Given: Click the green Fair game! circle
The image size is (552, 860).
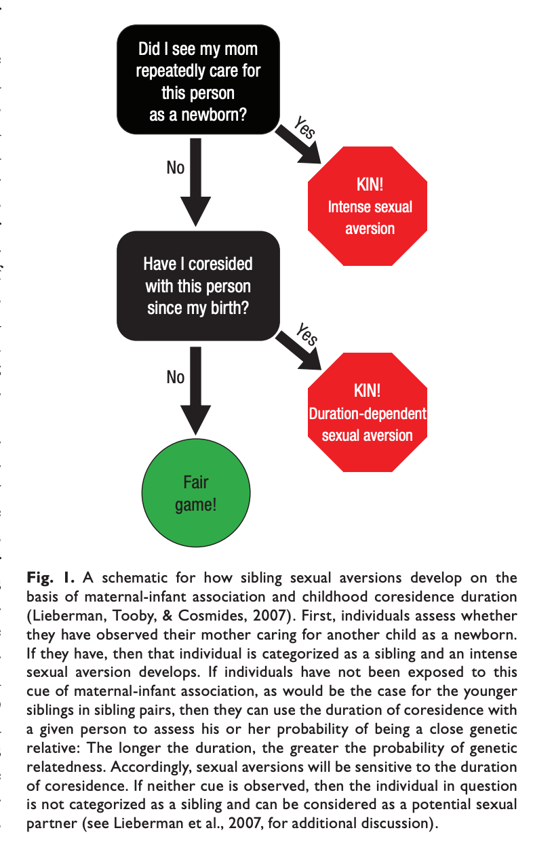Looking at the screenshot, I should pos(195,494).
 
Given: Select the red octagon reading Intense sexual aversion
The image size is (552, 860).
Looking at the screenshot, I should pos(369,206).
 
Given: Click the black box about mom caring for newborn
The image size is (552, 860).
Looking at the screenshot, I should pos(198,79).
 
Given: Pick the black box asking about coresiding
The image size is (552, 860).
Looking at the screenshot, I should pos(198,286).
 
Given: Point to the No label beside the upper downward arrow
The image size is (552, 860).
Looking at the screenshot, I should pos(175,168).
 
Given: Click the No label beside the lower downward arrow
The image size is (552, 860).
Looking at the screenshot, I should pos(175,377).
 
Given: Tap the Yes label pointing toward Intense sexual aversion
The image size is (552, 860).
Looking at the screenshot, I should pos(305,128).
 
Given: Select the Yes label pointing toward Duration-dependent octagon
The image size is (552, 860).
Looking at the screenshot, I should pos(307,334).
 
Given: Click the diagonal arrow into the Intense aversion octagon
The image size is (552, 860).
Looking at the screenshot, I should pos(299,144).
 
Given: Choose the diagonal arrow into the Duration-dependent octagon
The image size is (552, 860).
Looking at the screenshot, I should pos(299,351).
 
